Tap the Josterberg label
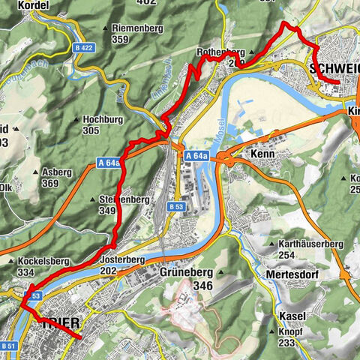122,259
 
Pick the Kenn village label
265,154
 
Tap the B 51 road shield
8,346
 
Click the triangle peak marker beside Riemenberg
104,28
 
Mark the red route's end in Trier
79,338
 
